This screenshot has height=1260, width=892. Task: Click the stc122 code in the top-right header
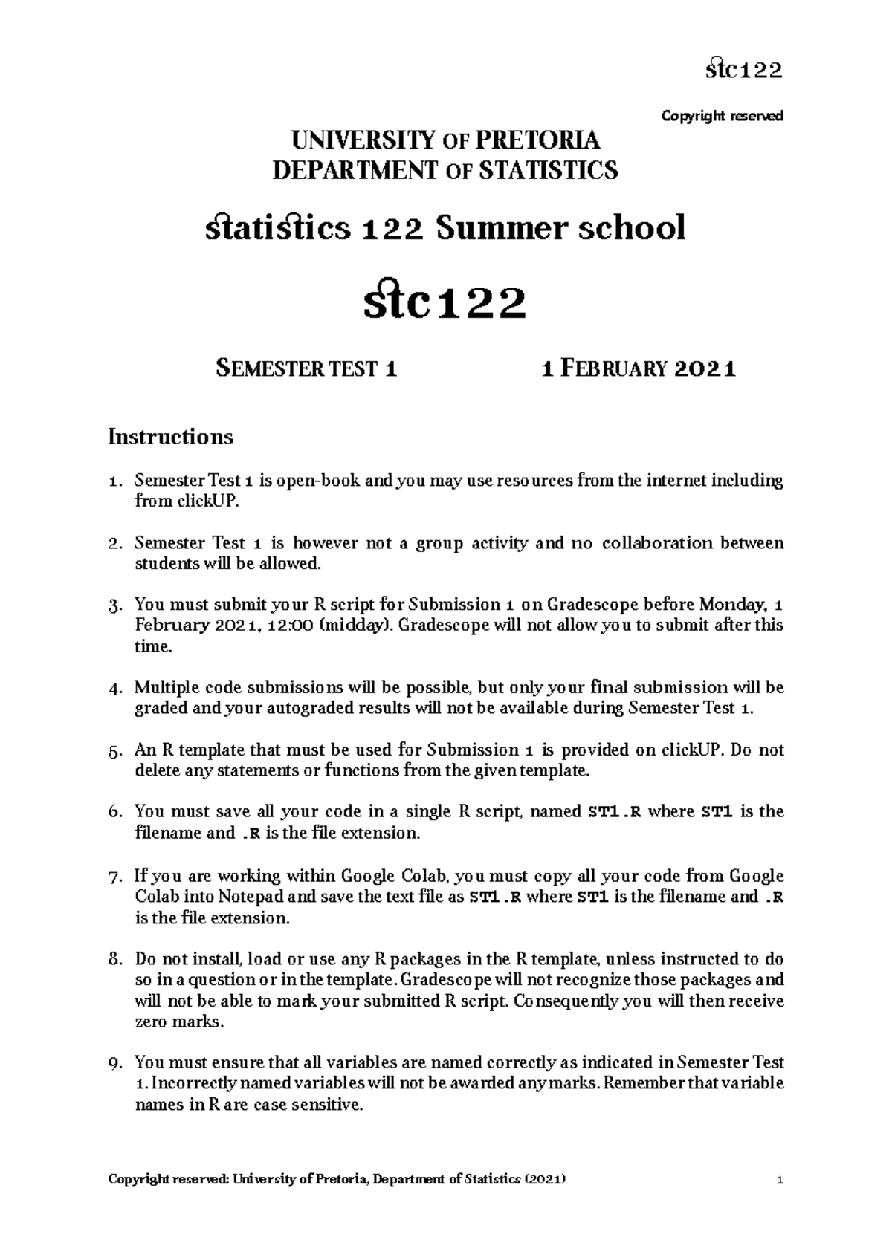point(743,71)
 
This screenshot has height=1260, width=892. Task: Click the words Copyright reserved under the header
point(722,117)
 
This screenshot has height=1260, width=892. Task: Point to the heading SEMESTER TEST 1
point(306,368)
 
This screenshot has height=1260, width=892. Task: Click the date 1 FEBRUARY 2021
point(639,368)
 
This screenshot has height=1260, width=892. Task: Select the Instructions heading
point(170,436)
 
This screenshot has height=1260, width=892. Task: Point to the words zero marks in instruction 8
point(178,1022)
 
